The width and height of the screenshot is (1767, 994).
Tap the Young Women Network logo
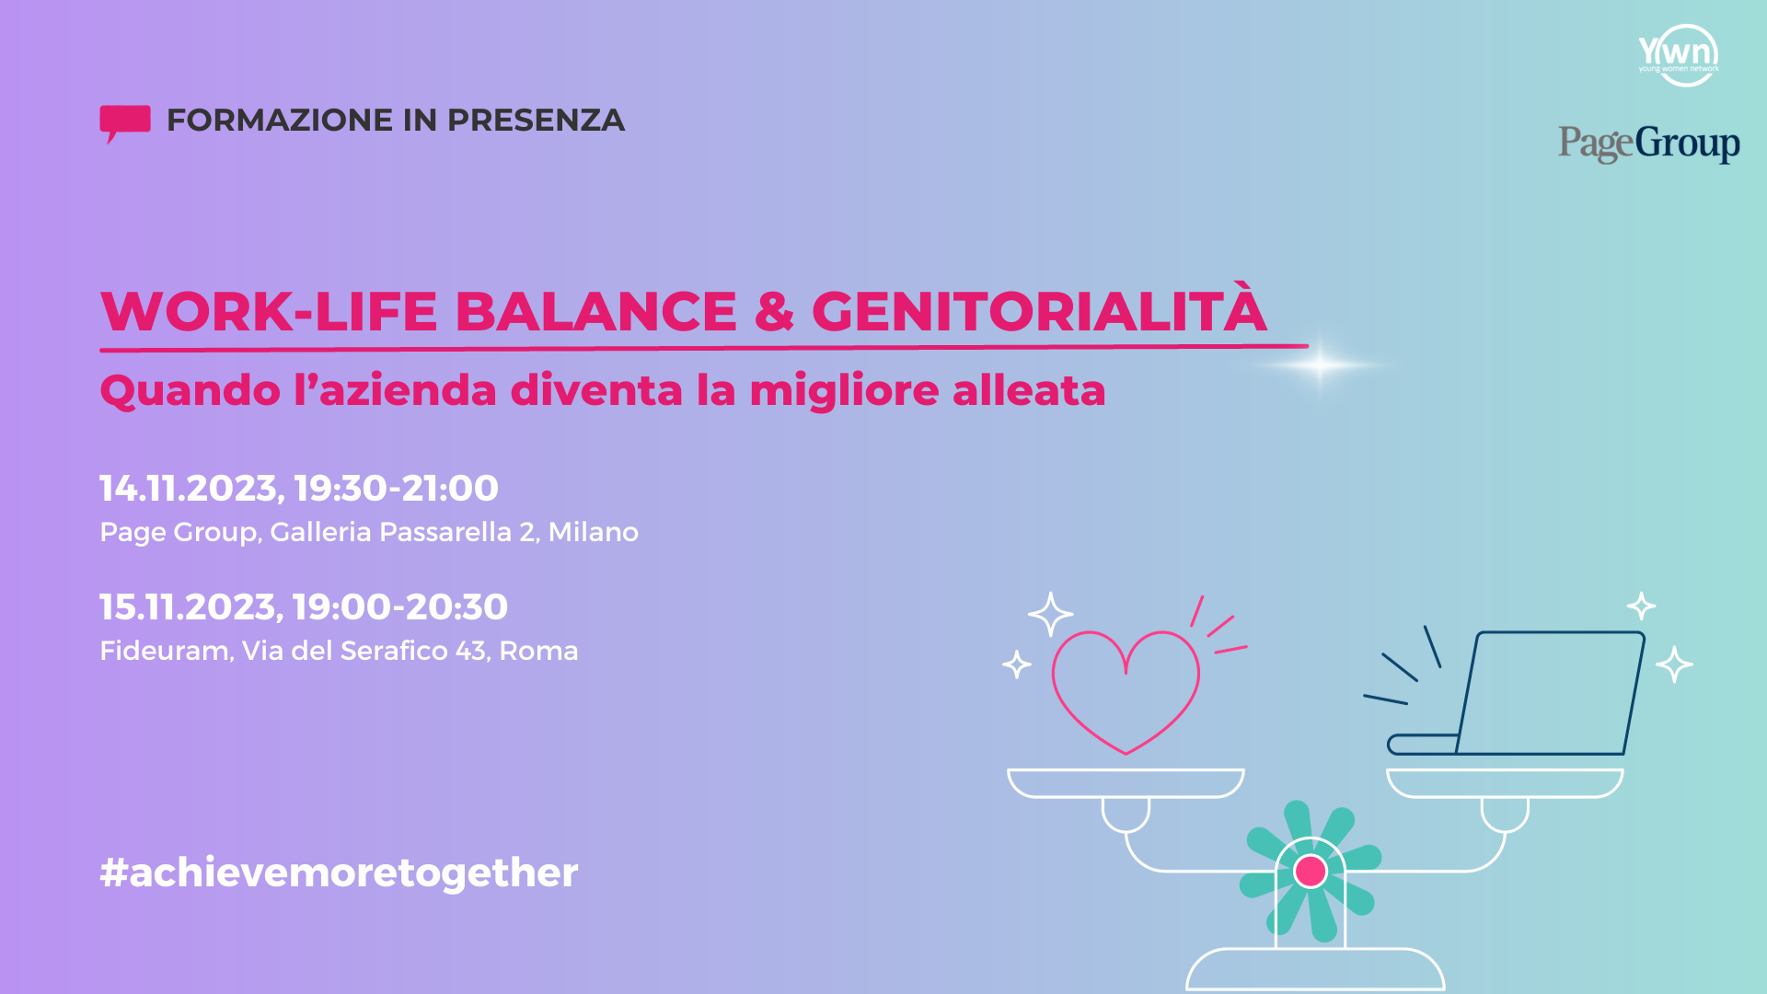[1679, 55]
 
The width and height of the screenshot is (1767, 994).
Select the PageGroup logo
[1648, 144]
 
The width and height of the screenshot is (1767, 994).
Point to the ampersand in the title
[774, 311]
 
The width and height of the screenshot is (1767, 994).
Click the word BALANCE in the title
[596, 311]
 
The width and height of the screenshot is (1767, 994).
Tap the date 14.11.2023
[189, 488]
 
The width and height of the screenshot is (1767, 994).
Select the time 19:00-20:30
[400, 607]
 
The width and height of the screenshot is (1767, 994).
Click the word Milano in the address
[594, 532]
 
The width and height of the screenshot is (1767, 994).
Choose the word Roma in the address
[538, 651]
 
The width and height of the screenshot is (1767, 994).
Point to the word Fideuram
[165, 651]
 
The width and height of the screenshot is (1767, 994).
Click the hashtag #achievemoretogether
[339, 873]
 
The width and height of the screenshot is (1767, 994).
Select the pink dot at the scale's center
[1310, 871]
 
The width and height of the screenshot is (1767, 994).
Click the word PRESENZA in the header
[536, 121]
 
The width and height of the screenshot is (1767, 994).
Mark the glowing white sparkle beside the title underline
[1321, 365]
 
